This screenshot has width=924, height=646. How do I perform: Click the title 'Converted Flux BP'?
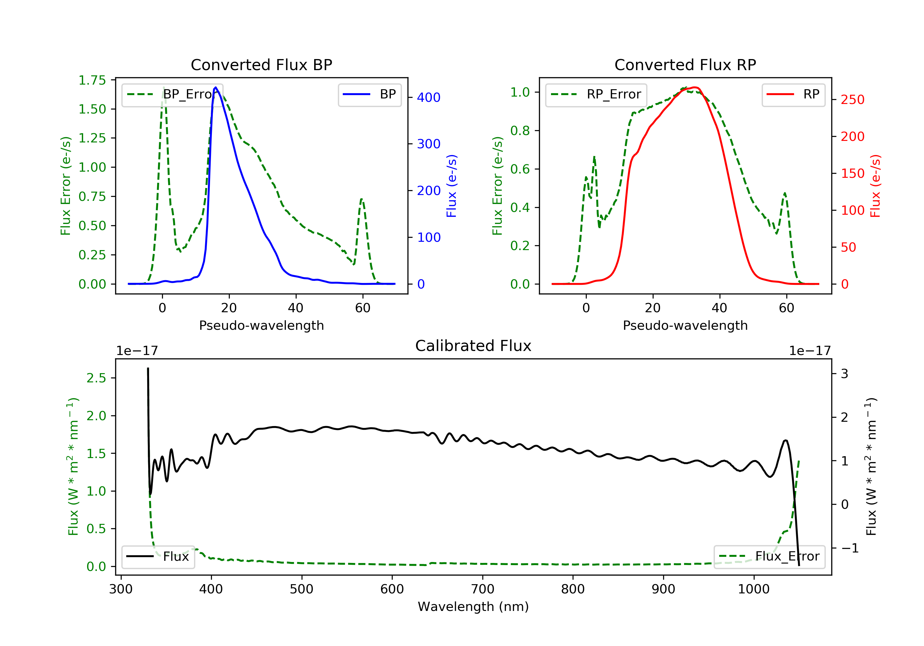261,65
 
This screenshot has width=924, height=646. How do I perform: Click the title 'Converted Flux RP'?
685,65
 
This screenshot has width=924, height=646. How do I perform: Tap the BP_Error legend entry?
172,94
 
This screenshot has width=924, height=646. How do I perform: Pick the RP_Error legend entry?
596,94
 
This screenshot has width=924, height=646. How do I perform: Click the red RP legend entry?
793,94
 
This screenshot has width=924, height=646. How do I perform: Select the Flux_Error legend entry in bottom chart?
769,556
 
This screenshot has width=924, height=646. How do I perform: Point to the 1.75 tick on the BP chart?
92,80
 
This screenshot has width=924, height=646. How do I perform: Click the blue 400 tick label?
429,97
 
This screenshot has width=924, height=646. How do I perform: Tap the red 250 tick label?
852,100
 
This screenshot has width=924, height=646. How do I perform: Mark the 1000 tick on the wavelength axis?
753,589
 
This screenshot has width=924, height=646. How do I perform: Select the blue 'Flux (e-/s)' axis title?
452,186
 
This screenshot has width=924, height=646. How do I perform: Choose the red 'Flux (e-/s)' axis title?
875,186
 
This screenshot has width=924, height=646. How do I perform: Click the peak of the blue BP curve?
216,87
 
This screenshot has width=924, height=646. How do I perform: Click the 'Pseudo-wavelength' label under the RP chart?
685,325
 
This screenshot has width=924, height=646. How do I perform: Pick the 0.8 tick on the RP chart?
520,131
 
